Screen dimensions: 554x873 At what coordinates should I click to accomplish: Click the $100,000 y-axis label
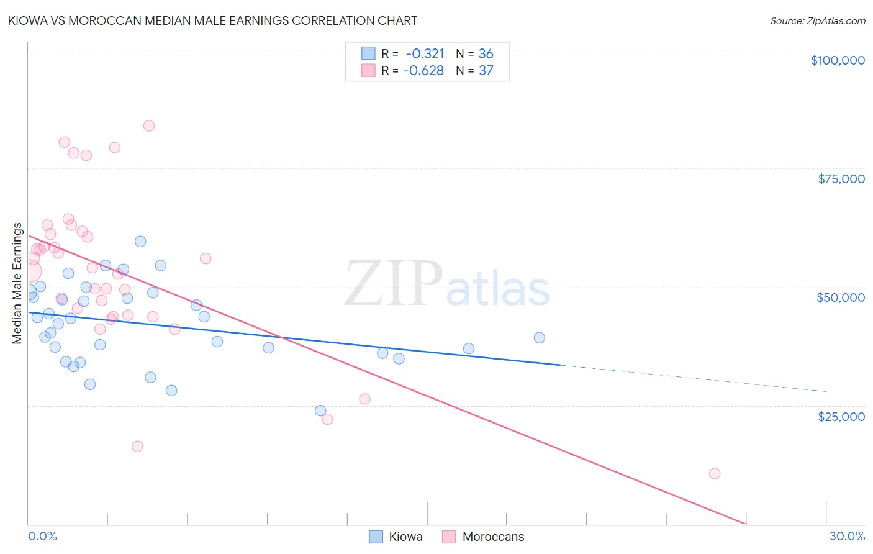click(838, 60)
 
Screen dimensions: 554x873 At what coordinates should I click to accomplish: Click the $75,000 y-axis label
click(841, 179)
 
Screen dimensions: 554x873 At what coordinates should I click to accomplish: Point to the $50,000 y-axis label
click(841, 297)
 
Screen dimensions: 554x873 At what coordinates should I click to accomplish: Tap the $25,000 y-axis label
click(841, 416)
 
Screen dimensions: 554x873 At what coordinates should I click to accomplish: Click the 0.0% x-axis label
click(42, 536)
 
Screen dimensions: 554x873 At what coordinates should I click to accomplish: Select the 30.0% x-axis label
click(847, 536)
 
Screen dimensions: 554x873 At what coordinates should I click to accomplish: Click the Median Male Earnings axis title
click(17, 283)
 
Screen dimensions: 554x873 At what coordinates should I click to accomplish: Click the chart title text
click(212, 20)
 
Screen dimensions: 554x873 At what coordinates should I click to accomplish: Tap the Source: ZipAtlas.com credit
click(817, 20)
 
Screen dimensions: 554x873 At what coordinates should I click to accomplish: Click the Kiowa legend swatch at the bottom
click(376, 537)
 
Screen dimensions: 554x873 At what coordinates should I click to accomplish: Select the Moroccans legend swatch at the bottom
click(449, 537)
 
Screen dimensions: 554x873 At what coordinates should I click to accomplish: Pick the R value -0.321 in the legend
click(425, 54)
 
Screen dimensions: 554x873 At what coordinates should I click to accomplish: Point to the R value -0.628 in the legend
click(423, 71)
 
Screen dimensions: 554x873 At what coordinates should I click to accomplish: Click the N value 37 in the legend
click(486, 71)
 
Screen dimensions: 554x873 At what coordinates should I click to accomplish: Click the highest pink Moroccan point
click(149, 125)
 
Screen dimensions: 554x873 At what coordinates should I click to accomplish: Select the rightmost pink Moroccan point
click(715, 473)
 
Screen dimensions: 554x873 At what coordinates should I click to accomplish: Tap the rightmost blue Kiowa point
click(540, 338)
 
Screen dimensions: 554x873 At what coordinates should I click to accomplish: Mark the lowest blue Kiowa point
click(320, 411)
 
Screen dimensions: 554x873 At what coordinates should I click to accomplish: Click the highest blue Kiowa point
click(140, 242)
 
